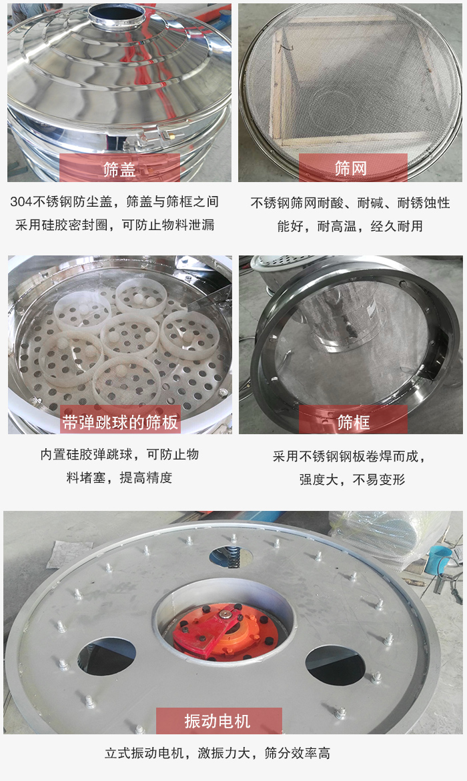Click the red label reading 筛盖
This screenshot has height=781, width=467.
pos(120,169)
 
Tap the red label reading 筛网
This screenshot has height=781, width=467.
pos(352,168)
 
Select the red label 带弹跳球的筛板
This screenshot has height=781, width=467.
pos(120,422)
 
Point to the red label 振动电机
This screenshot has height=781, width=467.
pos(218,721)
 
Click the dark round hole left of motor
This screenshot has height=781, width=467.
pos(107,656)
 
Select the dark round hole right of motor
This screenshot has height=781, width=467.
pos(335,664)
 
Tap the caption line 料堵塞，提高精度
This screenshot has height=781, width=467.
pos(119,478)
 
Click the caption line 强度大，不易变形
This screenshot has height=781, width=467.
pos(352,480)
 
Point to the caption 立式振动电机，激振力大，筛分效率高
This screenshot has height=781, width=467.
pos(217,754)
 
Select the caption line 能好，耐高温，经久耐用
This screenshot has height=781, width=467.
pos(350,226)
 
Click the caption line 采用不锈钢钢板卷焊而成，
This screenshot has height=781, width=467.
pos(349,457)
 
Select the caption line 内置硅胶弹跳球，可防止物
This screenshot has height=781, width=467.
pos(119,455)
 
